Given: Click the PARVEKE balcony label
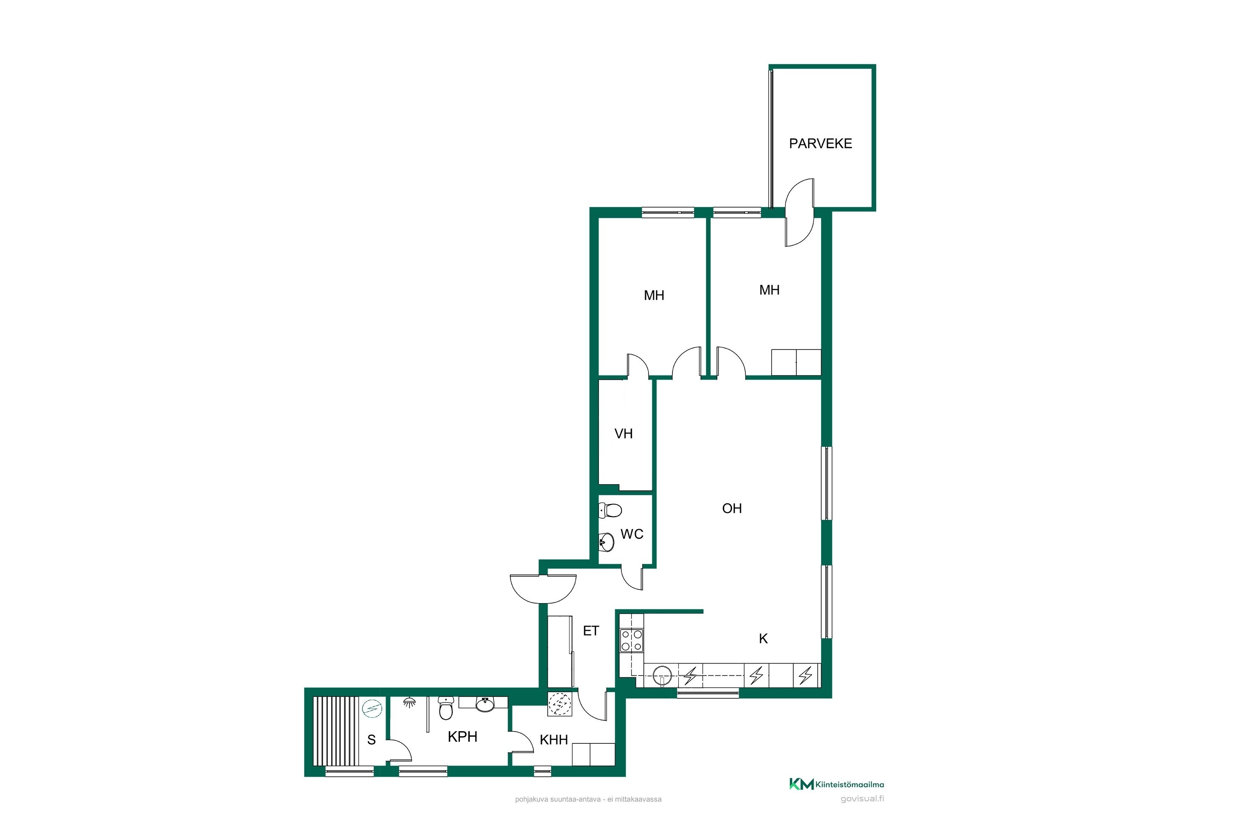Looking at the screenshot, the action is (x=820, y=144).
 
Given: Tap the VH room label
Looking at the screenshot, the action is (x=624, y=434).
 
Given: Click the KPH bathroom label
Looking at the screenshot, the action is (x=462, y=737).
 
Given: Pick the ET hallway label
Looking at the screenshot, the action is (x=591, y=631).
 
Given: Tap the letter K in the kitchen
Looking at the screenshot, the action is (x=764, y=638).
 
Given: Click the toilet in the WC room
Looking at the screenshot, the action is (x=610, y=510).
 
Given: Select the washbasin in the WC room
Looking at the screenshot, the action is (x=606, y=542).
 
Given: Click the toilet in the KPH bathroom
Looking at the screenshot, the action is (x=446, y=708).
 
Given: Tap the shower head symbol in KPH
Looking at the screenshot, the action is (x=409, y=702).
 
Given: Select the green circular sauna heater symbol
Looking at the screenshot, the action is (x=372, y=709).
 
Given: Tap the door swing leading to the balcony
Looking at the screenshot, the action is (x=799, y=213).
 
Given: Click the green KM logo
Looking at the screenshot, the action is (x=801, y=784).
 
